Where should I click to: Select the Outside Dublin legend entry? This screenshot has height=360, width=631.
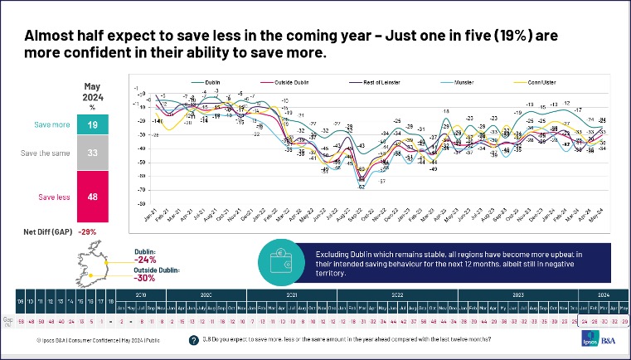(x=280, y=84)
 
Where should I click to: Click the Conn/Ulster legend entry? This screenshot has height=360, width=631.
(x=544, y=84)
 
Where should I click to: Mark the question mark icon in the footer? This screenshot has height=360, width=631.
(x=193, y=340)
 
